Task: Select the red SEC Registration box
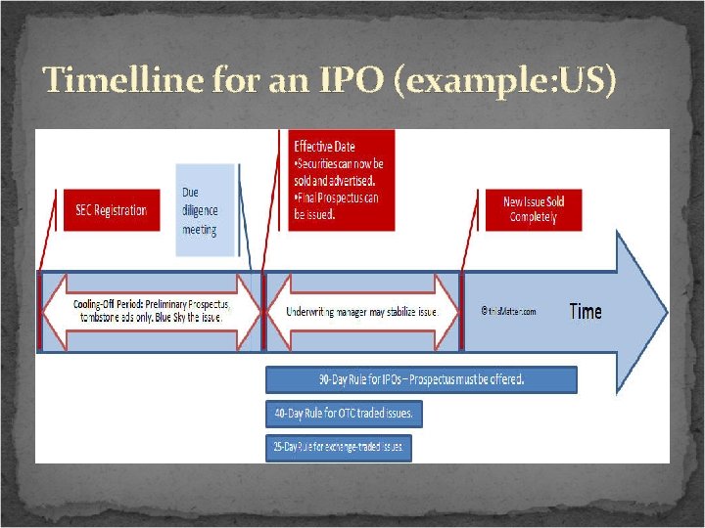click(111, 210)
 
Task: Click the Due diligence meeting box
click(204, 210)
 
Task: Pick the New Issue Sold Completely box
click(534, 209)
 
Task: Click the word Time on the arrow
click(585, 312)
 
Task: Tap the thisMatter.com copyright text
click(508, 312)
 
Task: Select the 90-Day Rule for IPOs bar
click(421, 379)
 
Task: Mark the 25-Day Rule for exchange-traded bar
click(338, 448)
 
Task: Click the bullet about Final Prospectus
click(338, 206)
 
